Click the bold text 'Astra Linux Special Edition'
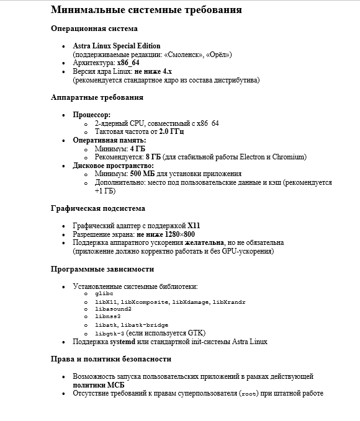point(117,46)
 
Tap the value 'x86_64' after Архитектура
point(128,63)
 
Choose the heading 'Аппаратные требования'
point(97,97)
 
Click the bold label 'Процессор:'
point(91,115)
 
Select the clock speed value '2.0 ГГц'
point(171,131)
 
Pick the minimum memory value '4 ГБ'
point(138,149)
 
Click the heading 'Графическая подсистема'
point(97,208)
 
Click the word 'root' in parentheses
point(248,393)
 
